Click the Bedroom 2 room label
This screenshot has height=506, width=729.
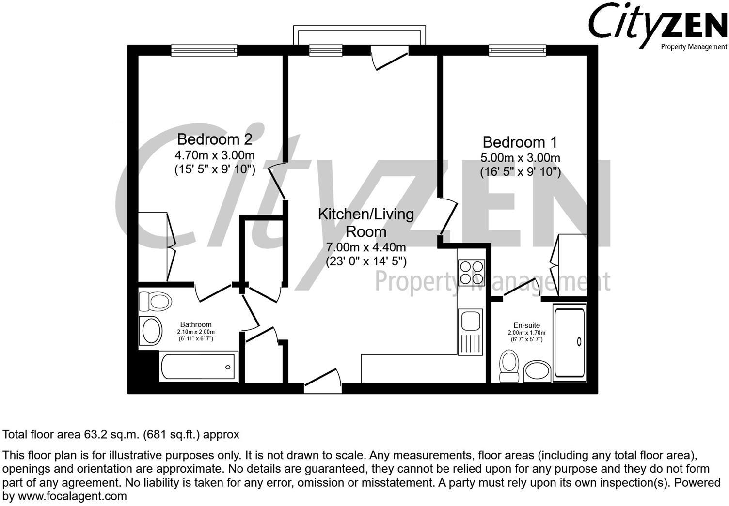(x=214, y=139)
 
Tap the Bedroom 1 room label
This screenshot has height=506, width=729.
(x=520, y=142)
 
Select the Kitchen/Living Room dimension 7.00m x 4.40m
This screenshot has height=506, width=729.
(x=366, y=247)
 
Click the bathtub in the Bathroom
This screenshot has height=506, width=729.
(x=198, y=367)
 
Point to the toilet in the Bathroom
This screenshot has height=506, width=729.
(x=156, y=301)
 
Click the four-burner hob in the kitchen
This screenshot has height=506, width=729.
(x=470, y=273)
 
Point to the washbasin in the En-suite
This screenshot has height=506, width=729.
(x=537, y=371)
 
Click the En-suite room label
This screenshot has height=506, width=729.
(x=526, y=325)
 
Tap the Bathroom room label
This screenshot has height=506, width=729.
(x=196, y=324)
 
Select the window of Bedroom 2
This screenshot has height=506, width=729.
(x=204, y=50)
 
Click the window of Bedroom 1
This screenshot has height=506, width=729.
(x=517, y=50)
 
